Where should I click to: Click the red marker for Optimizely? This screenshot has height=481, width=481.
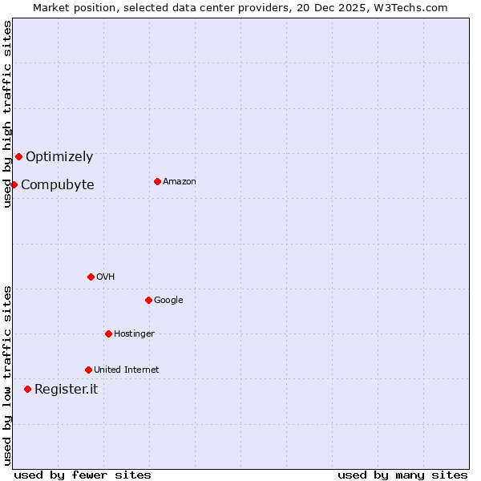[x=18, y=156]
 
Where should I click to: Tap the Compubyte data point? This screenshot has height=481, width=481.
[x=14, y=184]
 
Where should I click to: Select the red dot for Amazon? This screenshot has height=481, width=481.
[x=157, y=181]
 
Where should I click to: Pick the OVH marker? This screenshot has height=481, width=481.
[x=91, y=277]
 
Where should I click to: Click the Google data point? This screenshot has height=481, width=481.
[x=148, y=300]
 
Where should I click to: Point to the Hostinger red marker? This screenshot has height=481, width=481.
[x=108, y=333]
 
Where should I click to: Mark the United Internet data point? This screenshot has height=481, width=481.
[x=88, y=370]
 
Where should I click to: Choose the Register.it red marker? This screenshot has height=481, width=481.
[x=27, y=389]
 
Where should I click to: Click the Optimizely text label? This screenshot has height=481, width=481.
[x=59, y=157]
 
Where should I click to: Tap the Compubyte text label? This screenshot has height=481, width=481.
[x=57, y=185]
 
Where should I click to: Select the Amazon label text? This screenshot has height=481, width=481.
[x=180, y=182]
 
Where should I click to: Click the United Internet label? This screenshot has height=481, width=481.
[x=127, y=370]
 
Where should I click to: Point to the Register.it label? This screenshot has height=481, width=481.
[x=67, y=390]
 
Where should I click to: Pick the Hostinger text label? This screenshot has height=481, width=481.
[x=134, y=334]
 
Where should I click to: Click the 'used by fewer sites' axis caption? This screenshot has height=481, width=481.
[x=83, y=475]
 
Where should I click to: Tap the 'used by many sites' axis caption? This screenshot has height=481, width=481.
[x=402, y=475]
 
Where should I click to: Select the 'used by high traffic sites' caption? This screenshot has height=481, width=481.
[x=8, y=114]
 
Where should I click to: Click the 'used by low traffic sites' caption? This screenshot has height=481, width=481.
[x=8, y=375]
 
